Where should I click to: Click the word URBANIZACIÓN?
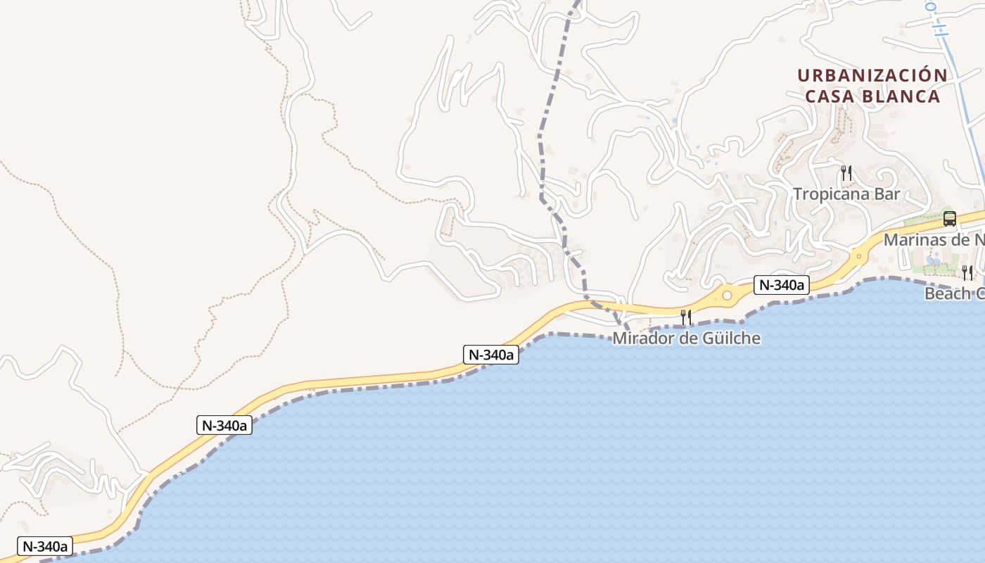tap(872, 75)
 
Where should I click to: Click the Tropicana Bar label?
tap(846, 194)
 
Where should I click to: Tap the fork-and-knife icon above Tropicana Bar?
tap(846, 172)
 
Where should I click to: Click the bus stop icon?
tap(949, 219)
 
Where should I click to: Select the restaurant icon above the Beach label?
tap(967, 272)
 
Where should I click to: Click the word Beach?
tap(946, 293)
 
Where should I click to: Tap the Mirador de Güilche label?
tap(686, 339)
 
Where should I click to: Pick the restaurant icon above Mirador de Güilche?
tap(686, 317)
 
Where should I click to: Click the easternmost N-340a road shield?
tap(782, 285)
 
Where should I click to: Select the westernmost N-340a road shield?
tap(44, 546)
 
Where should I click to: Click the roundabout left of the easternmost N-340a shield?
tap(727, 296)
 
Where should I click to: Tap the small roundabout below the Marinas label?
tap(858, 256)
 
